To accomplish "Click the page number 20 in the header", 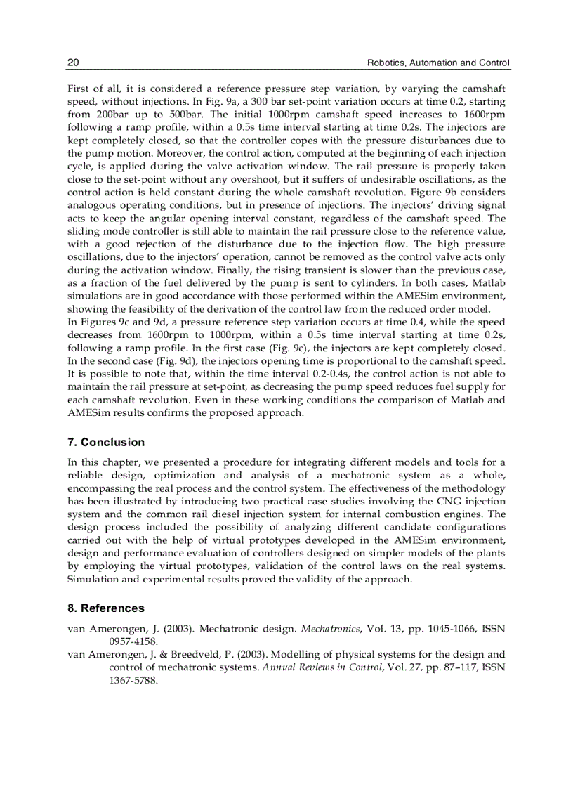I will tap(73, 63).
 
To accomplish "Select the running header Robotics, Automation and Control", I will tap(439, 63).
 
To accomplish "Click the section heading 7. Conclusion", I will tap(106, 442).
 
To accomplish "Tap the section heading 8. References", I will tap(106, 608).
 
